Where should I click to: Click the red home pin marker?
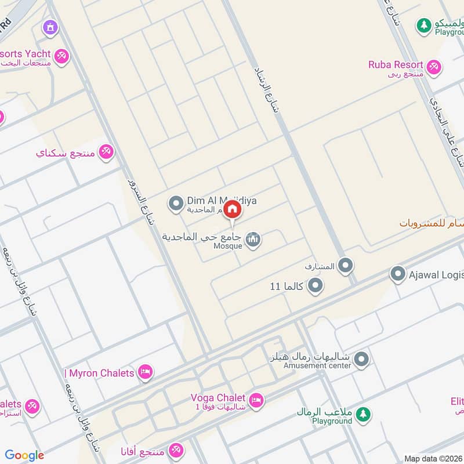[232, 209]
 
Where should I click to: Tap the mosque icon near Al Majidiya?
[252, 239]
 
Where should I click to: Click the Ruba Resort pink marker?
[433, 68]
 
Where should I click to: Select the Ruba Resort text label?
[396, 64]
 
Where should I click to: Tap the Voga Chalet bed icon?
[256, 400]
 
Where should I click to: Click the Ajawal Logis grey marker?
[397, 274]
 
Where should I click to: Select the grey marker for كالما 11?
[315, 285]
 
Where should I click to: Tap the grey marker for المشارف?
[346, 266]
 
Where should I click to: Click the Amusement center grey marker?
[361, 360]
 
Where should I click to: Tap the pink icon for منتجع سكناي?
[106, 153]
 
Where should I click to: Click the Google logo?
[24, 455]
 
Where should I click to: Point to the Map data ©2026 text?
[433, 458]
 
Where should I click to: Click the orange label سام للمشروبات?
[432, 223]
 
